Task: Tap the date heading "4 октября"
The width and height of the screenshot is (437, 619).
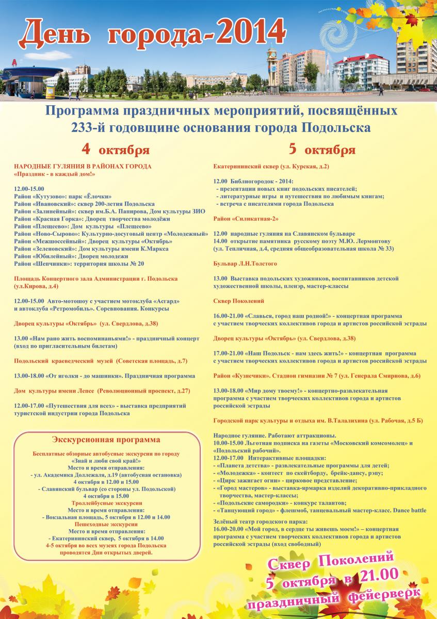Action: pyautogui.click(x=116, y=150)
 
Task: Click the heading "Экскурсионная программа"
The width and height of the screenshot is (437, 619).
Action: pyautogui.click(x=106, y=439)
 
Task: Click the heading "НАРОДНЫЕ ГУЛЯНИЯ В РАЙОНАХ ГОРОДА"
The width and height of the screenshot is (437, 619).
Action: pyautogui.click(x=83, y=167)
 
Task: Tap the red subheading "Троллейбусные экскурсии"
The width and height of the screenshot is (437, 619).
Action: pyautogui.click(x=106, y=502)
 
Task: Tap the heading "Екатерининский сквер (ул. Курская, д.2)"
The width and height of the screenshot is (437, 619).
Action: pyautogui.click(x=271, y=167)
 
